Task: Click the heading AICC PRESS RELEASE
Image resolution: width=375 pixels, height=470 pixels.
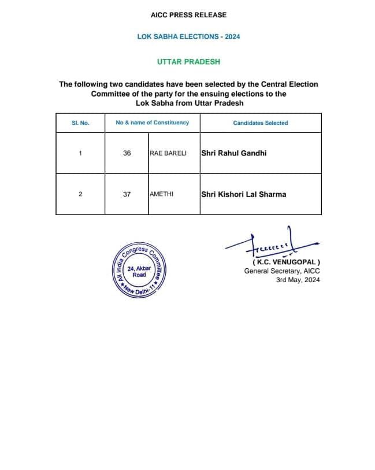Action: tap(188, 14)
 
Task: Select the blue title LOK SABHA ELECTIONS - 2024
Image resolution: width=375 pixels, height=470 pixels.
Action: tap(188, 36)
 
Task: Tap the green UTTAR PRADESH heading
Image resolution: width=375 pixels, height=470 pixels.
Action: tap(188, 61)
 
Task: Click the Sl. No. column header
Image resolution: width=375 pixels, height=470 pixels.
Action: tap(80, 123)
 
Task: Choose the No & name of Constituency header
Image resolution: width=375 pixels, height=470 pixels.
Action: tap(152, 123)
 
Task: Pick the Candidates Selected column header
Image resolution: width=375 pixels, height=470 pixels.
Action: tap(260, 123)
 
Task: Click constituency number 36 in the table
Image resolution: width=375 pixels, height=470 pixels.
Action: tap(127, 153)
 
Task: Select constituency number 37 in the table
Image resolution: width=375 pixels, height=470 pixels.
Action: tap(127, 194)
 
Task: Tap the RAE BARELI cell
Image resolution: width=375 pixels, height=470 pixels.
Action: tap(168, 153)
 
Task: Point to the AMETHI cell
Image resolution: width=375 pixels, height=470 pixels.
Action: tap(162, 194)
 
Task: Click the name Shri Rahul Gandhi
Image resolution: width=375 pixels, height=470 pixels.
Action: tap(234, 153)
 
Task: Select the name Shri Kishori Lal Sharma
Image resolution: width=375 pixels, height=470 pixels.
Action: tap(243, 194)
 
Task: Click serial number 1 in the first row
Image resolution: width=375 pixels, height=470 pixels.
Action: tap(80, 153)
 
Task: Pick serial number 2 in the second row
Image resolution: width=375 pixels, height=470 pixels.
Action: tap(80, 194)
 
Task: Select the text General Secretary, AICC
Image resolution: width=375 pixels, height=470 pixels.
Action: tap(281, 271)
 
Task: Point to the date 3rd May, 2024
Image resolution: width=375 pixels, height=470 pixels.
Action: tap(298, 280)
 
